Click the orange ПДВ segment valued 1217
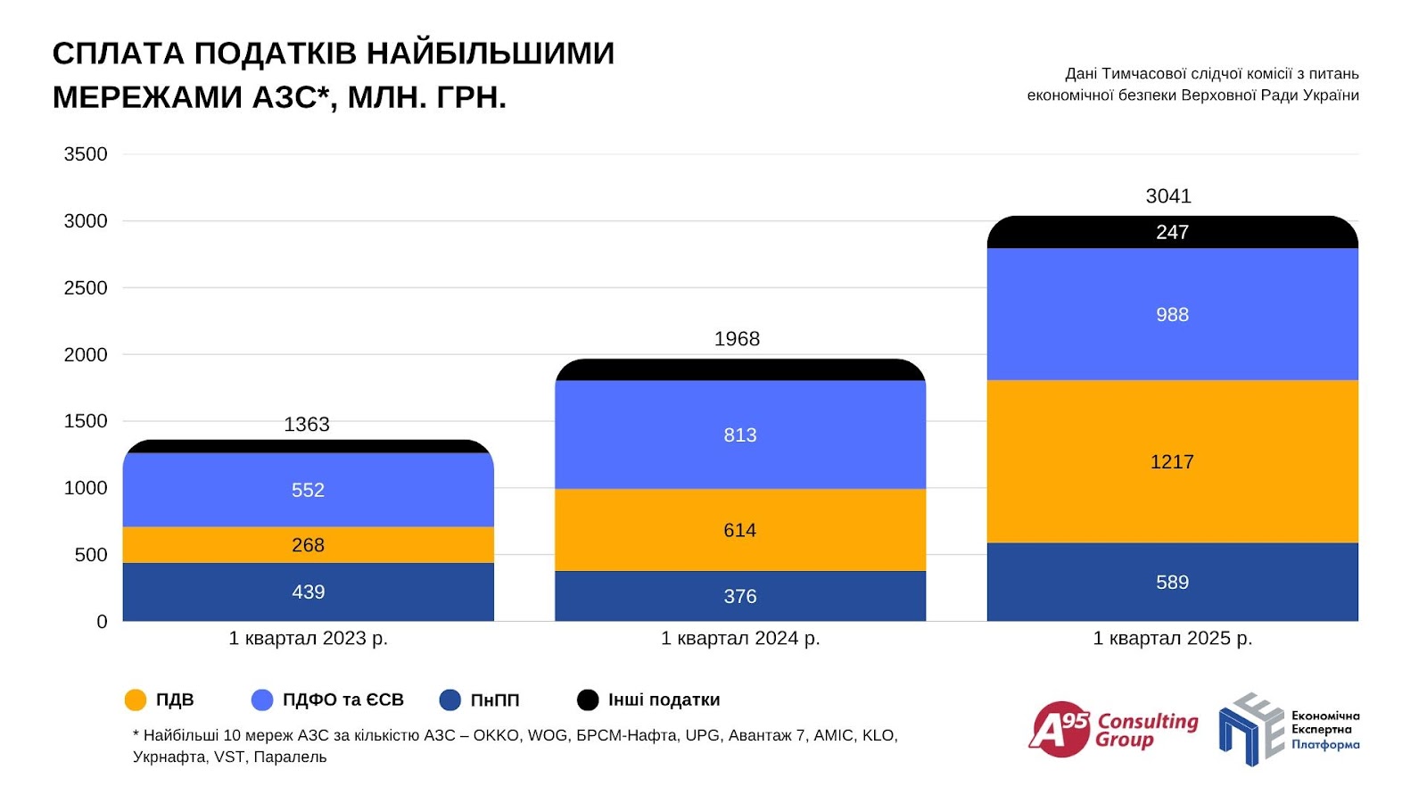pos(1172,461)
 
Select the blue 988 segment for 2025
pos(1172,314)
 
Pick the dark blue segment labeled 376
pos(739,596)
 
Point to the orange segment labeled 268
pos(308,544)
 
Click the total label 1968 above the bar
pos(737,339)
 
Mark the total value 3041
pos(1168,196)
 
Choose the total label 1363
pos(306,425)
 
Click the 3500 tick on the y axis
pos(86,154)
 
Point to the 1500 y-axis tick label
pos(86,421)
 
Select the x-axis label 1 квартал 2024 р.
pos(739,639)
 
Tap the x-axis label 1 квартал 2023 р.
pos(308,639)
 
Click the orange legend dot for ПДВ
pos(136,700)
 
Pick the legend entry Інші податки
pos(664,700)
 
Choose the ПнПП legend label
pos(494,700)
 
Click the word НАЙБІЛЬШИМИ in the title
pos(491,54)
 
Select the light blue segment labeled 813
pos(739,435)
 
